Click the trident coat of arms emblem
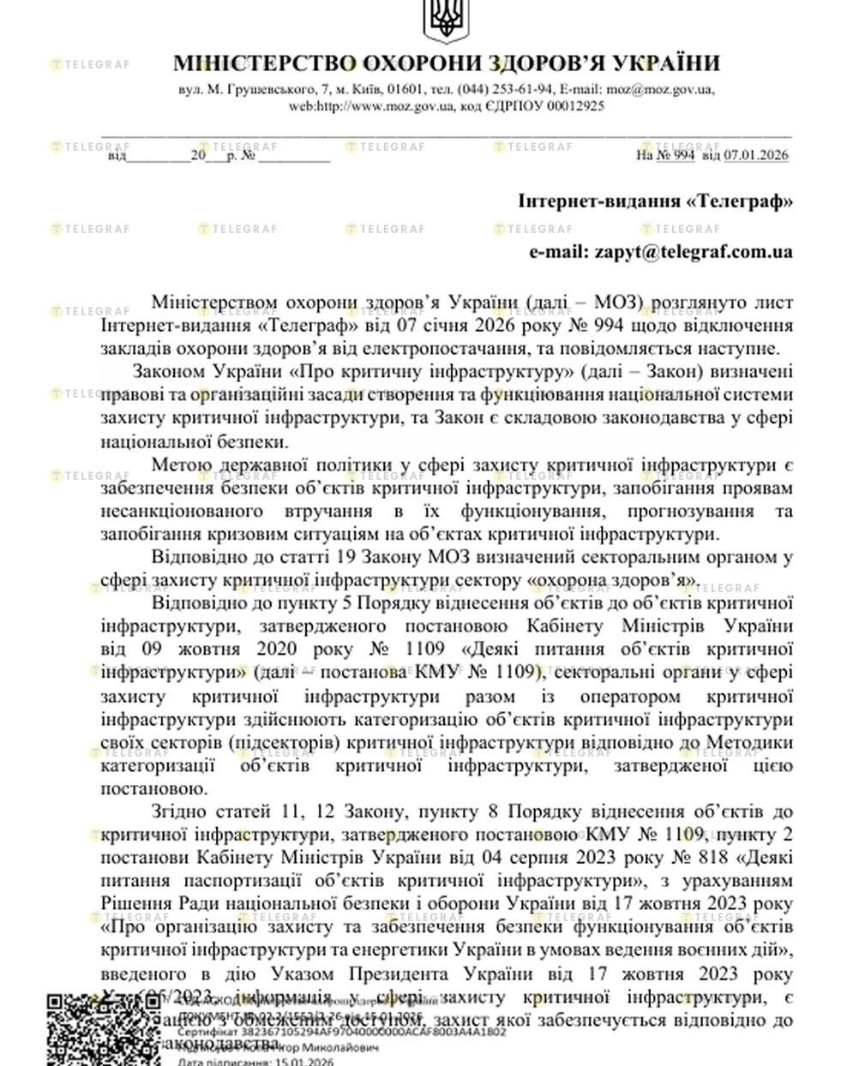pyautogui.click(x=444, y=19)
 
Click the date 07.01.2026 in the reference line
pyautogui.click(x=755, y=155)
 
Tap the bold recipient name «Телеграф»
pyautogui.click(x=740, y=201)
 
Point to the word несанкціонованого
pyautogui.click(x=182, y=512)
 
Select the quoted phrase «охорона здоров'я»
pyautogui.click(x=615, y=581)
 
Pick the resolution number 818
pyautogui.click(x=706, y=858)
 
